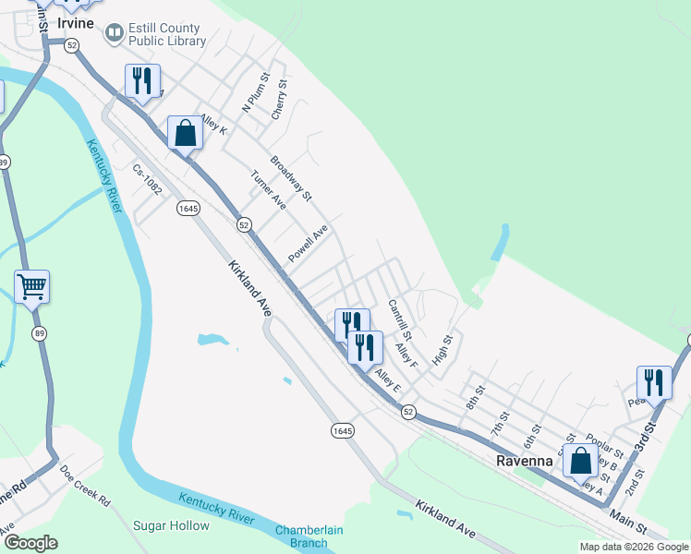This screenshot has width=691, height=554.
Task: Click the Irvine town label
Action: (76, 23)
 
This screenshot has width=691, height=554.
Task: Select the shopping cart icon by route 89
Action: (32, 286)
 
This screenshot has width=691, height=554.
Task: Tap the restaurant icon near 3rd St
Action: (654, 381)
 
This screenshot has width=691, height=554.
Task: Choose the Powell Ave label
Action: (308, 245)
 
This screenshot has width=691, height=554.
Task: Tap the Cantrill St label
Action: (400, 319)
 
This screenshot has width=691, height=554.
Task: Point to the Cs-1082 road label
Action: (147, 180)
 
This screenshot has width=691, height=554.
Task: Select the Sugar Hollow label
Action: (172, 525)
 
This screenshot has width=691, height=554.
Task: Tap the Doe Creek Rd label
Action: (85, 485)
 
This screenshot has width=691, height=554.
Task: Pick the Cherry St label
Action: (280, 100)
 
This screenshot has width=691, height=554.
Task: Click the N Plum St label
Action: (255, 93)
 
